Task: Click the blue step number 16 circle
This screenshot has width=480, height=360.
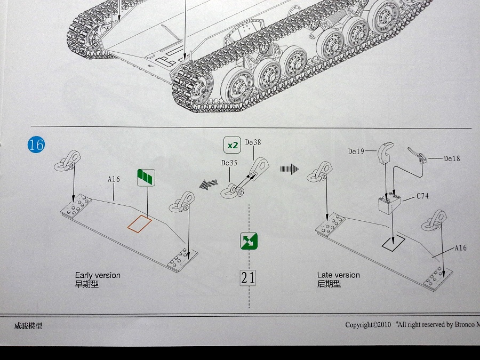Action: (x=36, y=145)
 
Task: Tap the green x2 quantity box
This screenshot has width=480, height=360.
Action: (x=232, y=145)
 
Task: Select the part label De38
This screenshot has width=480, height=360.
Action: (x=253, y=142)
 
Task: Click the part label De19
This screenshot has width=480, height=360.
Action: (x=356, y=151)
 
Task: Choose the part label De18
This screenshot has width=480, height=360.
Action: (x=452, y=158)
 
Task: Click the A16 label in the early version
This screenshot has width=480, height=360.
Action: (x=114, y=180)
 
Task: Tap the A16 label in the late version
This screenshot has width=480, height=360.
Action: (x=461, y=248)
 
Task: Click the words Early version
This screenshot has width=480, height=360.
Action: (x=98, y=275)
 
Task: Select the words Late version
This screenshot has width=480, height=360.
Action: (x=338, y=275)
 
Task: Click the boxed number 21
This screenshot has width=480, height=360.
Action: (x=248, y=277)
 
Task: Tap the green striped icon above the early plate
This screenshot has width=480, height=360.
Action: (x=145, y=177)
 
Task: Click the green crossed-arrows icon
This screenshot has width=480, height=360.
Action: (x=249, y=241)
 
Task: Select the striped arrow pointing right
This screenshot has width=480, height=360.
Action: (x=290, y=169)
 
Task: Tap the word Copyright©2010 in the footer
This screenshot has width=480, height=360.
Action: (x=368, y=325)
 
